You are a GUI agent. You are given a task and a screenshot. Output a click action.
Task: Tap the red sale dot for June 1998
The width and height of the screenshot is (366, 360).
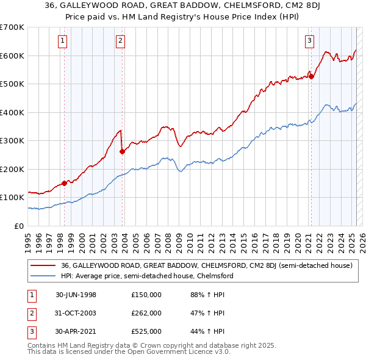click(x=65, y=183)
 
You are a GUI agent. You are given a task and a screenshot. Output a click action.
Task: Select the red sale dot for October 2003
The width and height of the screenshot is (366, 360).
click(x=122, y=152)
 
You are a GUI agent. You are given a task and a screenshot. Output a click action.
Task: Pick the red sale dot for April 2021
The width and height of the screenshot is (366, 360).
click(x=310, y=76)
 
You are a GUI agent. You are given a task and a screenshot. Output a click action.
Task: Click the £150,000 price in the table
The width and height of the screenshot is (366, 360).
click(x=146, y=295)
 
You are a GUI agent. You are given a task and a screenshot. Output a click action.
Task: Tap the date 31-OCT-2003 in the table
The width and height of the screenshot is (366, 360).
click(x=75, y=313)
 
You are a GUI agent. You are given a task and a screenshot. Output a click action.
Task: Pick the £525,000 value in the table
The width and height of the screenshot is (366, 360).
click(x=146, y=331)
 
